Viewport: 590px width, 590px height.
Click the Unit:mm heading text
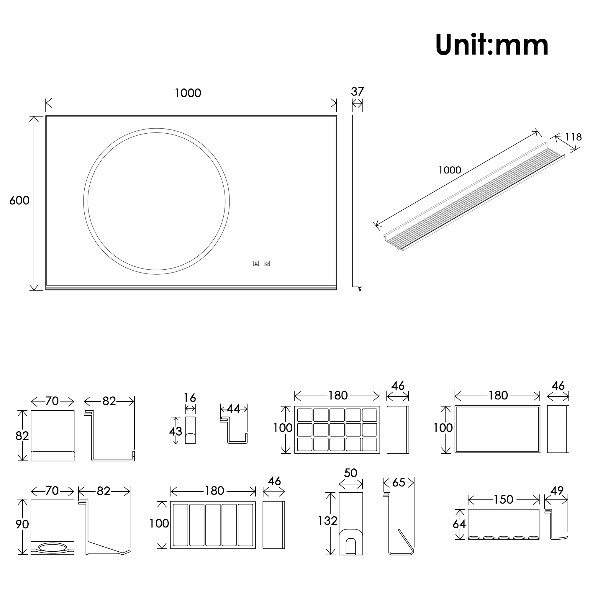click(x=492, y=45)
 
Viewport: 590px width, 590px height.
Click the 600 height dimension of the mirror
click(x=19, y=201)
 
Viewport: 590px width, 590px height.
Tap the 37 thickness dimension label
click(x=357, y=92)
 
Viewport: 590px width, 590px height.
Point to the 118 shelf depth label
click(x=573, y=137)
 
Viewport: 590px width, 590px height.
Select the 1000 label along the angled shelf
click(x=450, y=170)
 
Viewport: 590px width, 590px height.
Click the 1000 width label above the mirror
click(x=188, y=93)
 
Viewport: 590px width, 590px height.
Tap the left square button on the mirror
click(x=256, y=263)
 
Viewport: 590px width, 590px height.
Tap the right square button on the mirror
click(x=267, y=263)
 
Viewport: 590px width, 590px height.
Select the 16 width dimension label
click(x=190, y=398)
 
